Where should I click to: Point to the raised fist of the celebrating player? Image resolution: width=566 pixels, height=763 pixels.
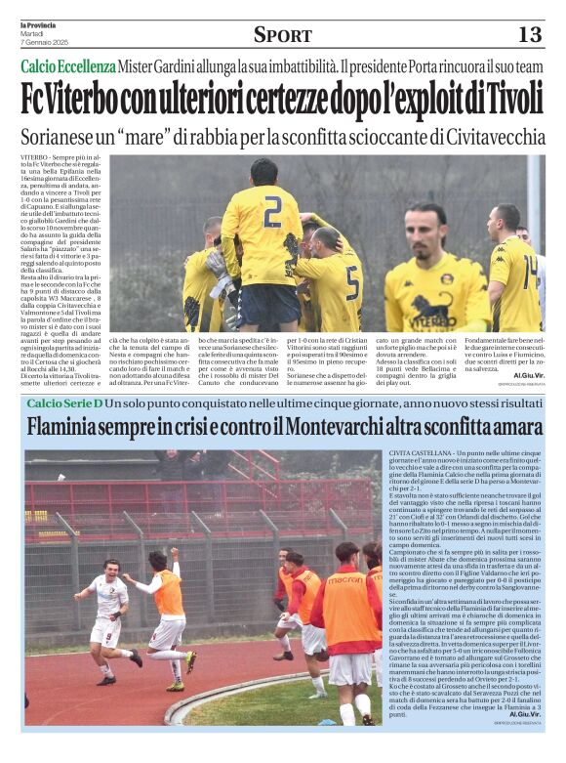click(x=176, y=552)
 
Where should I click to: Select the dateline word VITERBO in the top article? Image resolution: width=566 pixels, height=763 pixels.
click(x=35, y=157)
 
